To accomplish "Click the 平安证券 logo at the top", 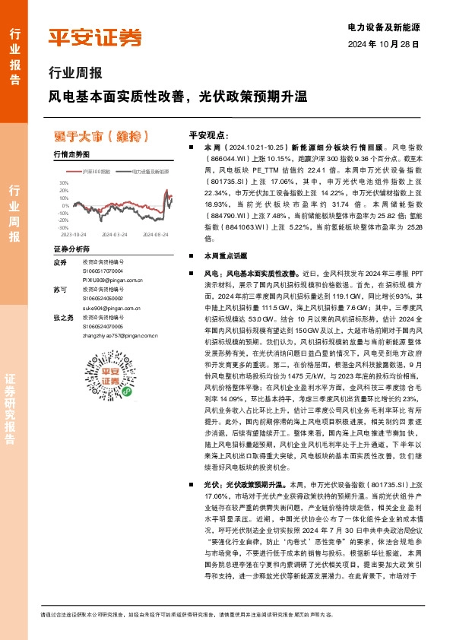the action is (95, 36).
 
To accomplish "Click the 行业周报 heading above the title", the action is (74, 74).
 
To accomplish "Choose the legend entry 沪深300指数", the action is (95, 173).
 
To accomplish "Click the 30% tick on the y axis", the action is (64, 183).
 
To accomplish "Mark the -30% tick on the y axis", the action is (63, 227).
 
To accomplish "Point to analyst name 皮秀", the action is (60, 262).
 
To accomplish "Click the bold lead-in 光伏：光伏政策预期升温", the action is (244, 483).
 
